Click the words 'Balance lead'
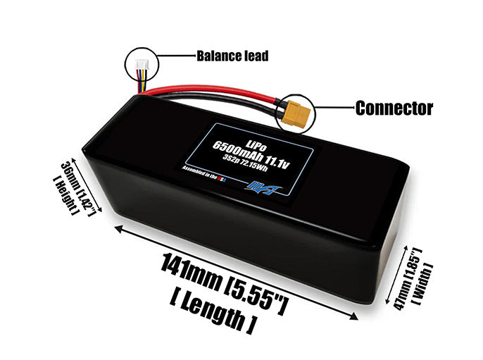232,56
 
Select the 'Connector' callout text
394,108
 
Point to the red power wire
211,93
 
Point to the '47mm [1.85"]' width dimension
405,277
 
